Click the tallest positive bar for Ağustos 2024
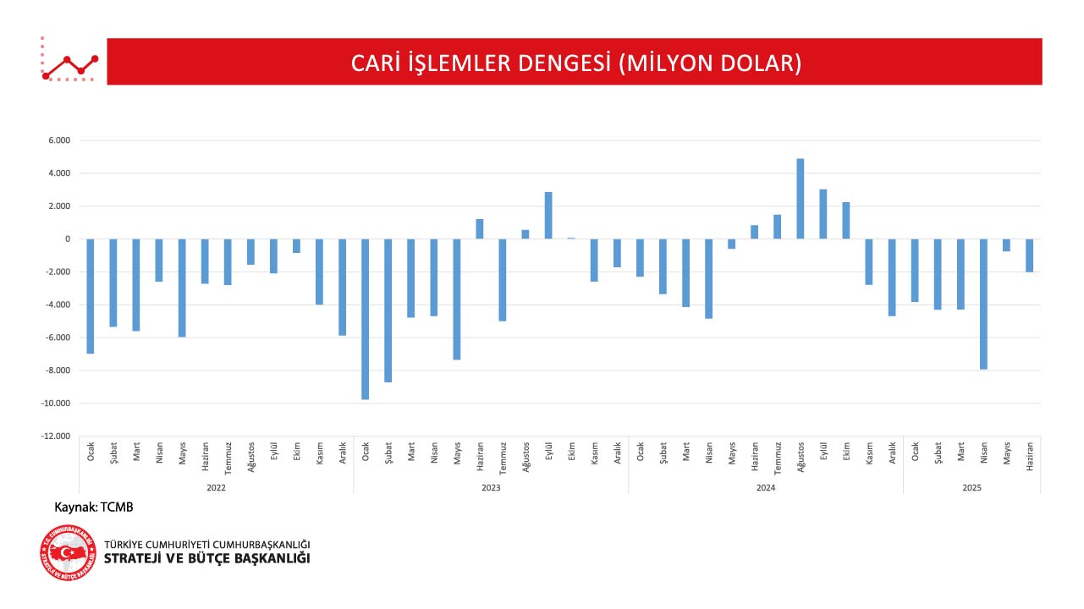tap(801, 199)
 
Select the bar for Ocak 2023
tap(366, 319)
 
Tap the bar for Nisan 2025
tap(983, 304)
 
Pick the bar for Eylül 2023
tap(548, 216)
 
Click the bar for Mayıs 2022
tap(182, 288)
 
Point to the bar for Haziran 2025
tap(1029, 255)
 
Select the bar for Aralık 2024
tap(892, 277)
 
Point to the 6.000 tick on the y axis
tap(59, 140)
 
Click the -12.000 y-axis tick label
tap(56, 436)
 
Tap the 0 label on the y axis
tap(67, 239)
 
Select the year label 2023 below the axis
tap(491, 488)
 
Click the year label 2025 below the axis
tap(971, 488)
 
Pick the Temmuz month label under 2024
tap(778, 457)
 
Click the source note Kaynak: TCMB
tap(94, 507)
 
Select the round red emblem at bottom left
tap(68, 552)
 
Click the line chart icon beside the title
tap(70, 61)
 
